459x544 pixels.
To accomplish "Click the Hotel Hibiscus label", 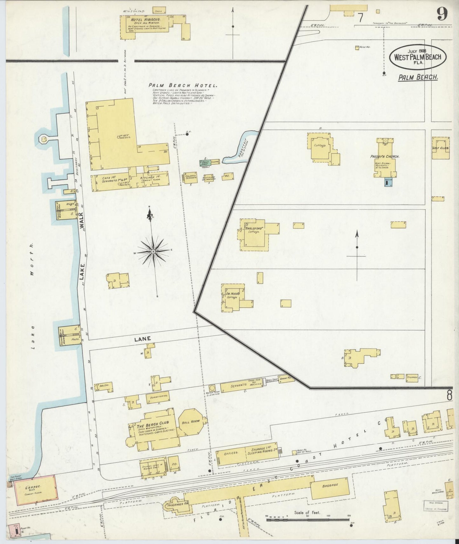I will tap(145, 19).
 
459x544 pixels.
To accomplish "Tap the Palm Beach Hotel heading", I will tap(183, 85).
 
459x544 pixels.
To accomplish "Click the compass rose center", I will tap(153, 251).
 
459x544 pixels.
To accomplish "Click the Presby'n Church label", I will tap(384, 156).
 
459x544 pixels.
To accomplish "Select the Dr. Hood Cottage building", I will tap(233, 298).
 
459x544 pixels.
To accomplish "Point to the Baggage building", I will tap(330, 494).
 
